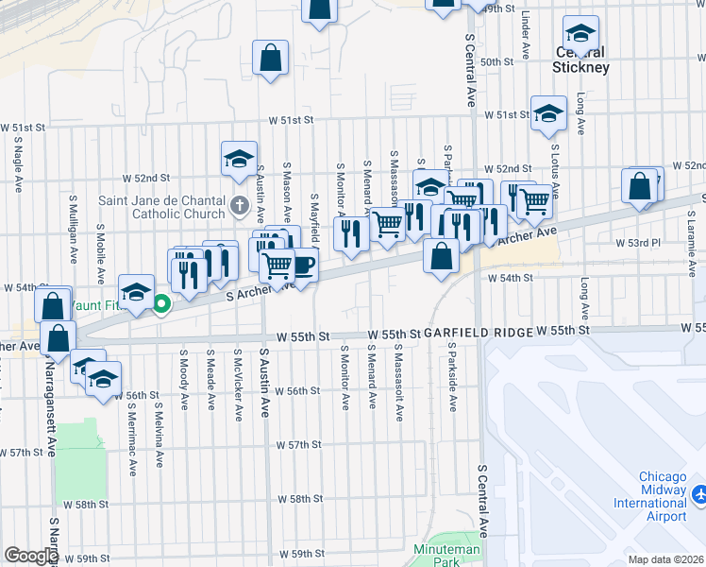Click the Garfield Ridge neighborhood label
pyautogui.click(x=478, y=333)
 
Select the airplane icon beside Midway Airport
pyautogui.click(x=699, y=494)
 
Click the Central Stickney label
pyautogui.click(x=581, y=60)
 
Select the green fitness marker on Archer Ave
pyautogui.click(x=161, y=304)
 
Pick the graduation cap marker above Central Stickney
pyautogui.click(x=580, y=31)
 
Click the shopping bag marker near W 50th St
pyautogui.click(x=270, y=57)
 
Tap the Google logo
pyautogui.click(x=31, y=556)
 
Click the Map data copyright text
pyautogui.click(x=664, y=559)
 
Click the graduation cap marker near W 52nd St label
pyautogui.click(x=239, y=158)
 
